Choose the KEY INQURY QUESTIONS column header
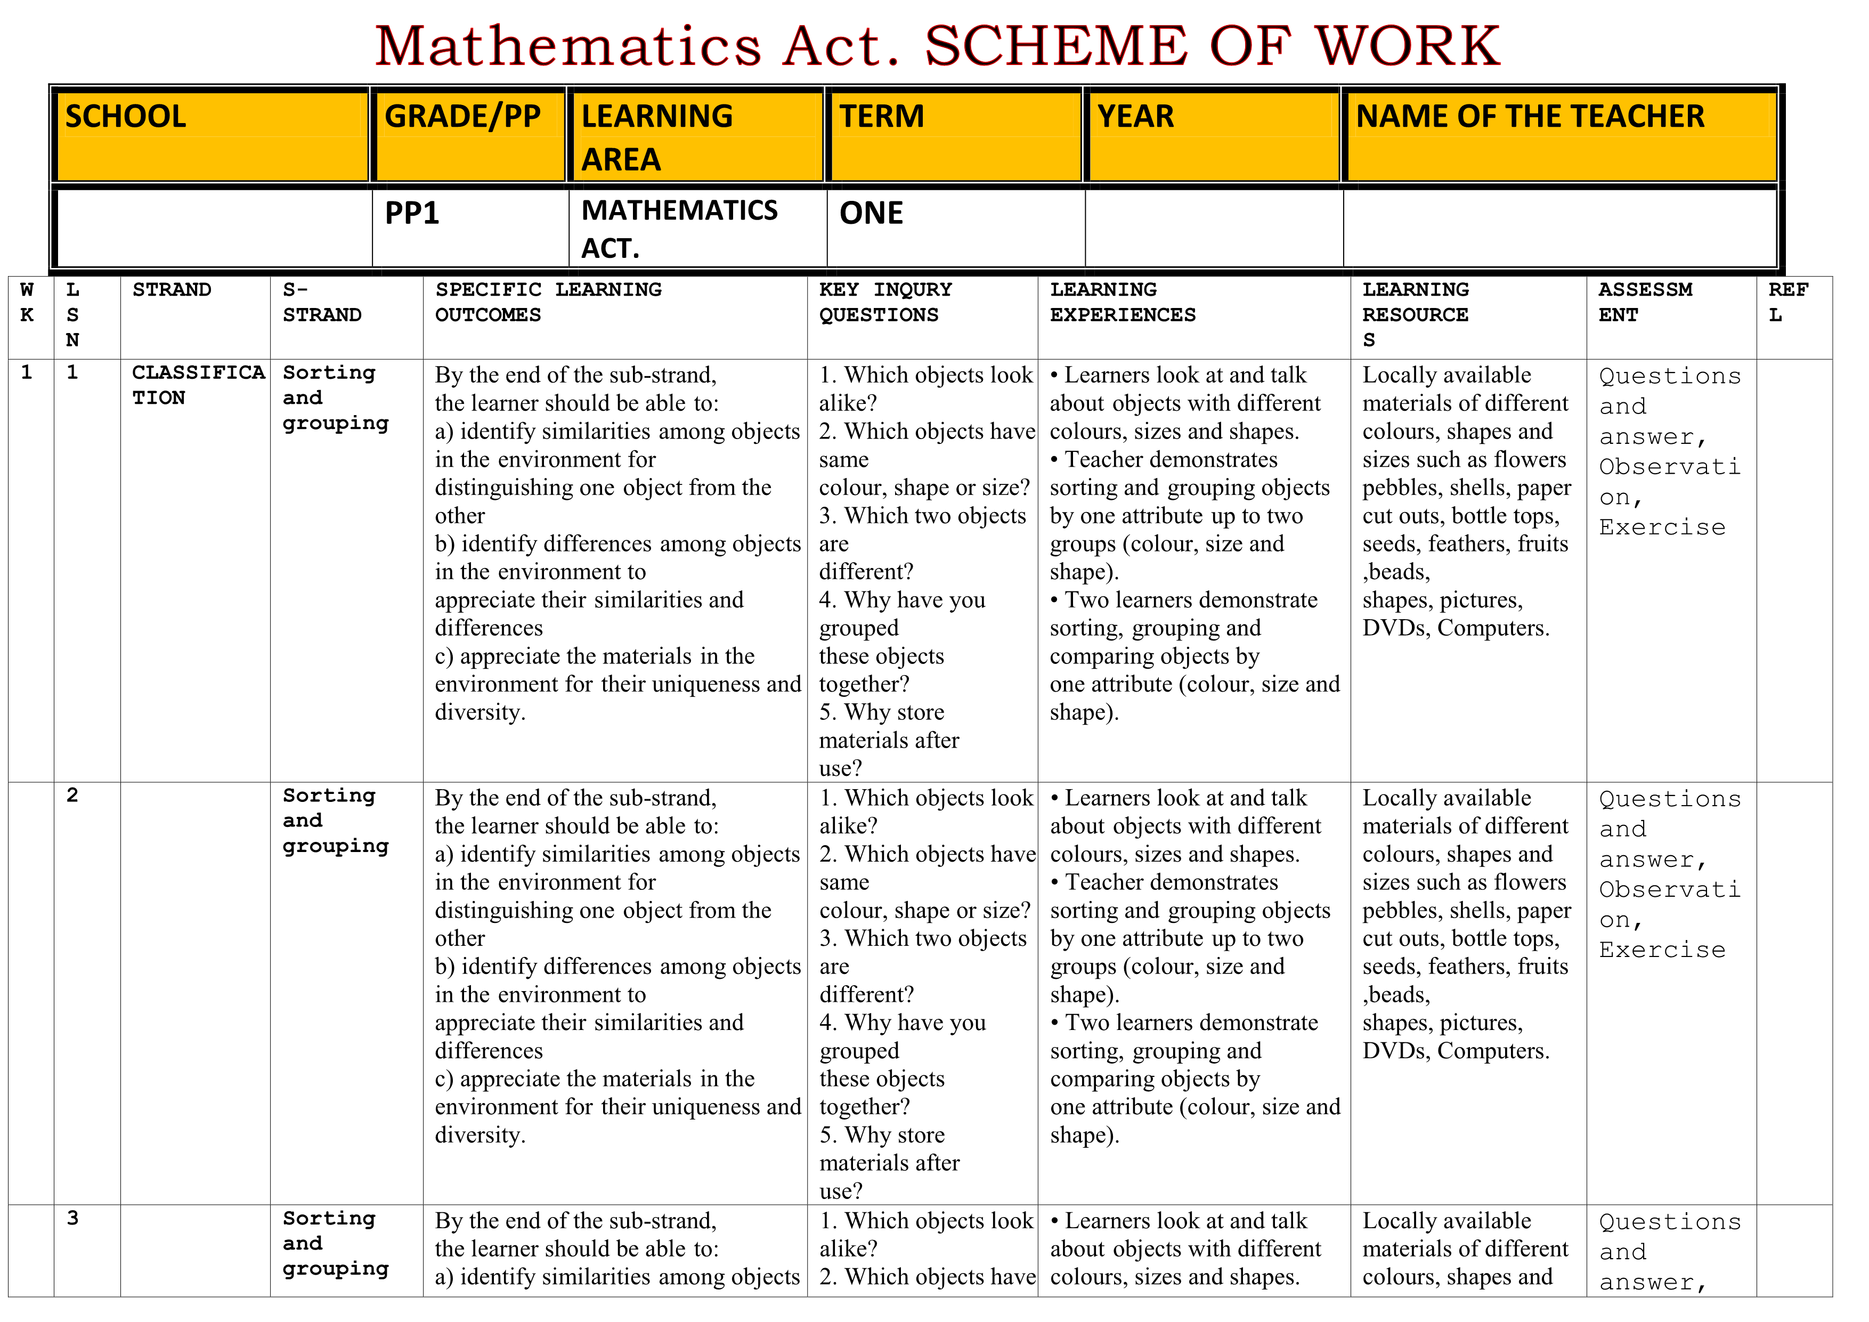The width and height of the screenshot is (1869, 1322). pyautogui.click(x=885, y=302)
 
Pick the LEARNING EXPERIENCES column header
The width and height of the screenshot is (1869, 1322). pyautogui.click(x=1123, y=302)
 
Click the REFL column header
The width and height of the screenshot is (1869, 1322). pyautogui.click(x=1787, y=302)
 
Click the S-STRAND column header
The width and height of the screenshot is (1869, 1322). pyautogui.click(x=322, y=302)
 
